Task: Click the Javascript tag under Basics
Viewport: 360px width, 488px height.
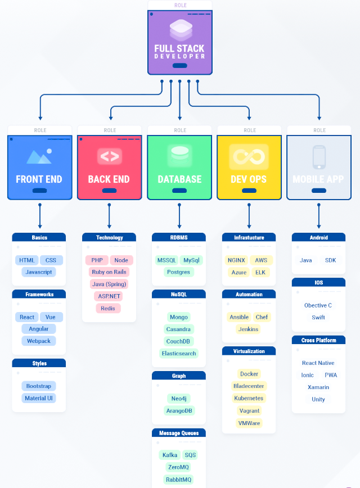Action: (39, 272)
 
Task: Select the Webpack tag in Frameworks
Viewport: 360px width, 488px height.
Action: (39, 341)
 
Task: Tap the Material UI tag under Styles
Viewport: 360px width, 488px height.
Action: (39, 398)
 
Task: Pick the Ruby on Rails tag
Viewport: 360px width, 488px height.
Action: (109, 272)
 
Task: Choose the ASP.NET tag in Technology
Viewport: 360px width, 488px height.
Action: (109, 296)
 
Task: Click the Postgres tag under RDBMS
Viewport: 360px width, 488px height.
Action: (178, 272)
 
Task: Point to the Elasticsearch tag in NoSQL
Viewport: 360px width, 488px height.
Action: (179, 353)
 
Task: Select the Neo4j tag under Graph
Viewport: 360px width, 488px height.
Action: (179, 399)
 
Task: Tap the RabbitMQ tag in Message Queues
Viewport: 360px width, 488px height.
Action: (178, 480)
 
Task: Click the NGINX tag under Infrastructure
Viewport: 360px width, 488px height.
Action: (236, 260)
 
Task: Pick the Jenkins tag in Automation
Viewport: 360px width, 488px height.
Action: (248, 329)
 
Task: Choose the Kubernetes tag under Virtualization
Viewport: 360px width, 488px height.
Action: (249, 398)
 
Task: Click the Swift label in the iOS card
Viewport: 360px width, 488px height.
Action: (318, 318)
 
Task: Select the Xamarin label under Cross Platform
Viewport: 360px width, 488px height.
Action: (318, 387)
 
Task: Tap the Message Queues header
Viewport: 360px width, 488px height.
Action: (179, 433)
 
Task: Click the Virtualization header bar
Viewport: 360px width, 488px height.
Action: (249, 351)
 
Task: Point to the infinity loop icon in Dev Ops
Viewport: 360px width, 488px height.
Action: (249, 156)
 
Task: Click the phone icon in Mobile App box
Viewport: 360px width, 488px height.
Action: (319, 157)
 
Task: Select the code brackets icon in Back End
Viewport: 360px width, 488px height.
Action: (110, 156)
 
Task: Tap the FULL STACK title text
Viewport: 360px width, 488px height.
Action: (179, 48)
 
